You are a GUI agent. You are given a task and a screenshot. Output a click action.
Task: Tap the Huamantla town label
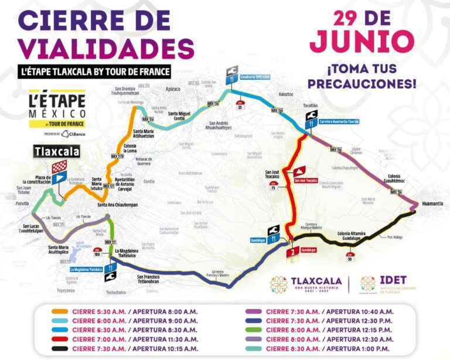(431, 203)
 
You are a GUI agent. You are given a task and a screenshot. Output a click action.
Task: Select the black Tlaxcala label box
(56, 151)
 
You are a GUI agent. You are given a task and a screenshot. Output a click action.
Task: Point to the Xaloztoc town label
(286, 93)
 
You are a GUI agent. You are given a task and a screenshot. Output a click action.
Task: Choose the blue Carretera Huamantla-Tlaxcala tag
(339, 123)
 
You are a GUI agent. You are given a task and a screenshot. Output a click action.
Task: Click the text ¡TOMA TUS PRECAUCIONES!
(362, 76)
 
